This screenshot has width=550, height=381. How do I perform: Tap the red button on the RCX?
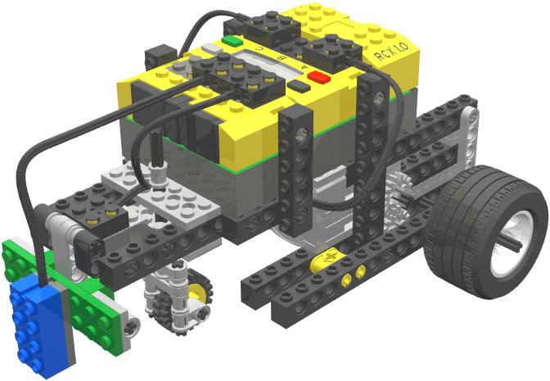pos(318,79)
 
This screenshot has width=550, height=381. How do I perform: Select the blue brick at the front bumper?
pos(32,320)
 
